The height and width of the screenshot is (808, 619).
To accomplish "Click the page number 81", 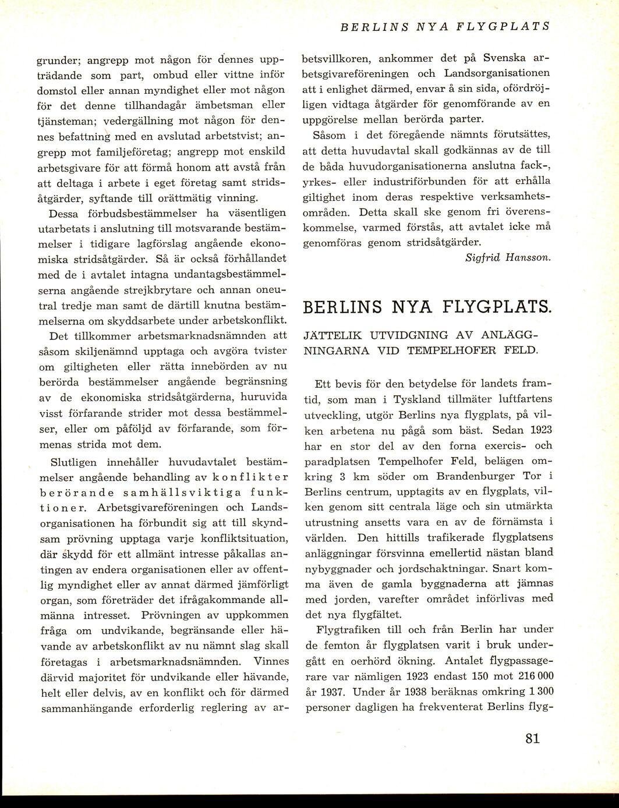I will [x=532, y=739].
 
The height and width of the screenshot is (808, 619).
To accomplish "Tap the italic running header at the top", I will [x=445, y=27].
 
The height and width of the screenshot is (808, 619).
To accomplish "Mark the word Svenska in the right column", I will [x=505, y=59].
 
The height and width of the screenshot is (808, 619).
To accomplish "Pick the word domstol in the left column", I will [x=56, y=91].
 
